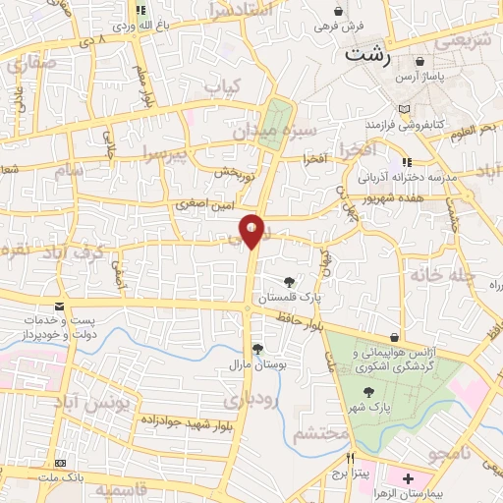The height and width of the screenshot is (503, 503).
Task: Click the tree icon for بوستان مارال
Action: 257,349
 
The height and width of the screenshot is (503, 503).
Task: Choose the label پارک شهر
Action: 395,405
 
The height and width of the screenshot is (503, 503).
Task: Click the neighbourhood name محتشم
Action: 322,433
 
